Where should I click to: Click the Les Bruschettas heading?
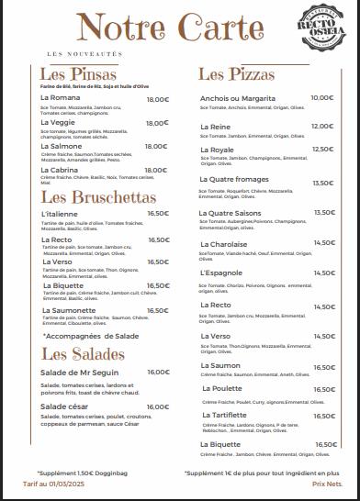click(85, 196)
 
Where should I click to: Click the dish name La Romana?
click(62, 98)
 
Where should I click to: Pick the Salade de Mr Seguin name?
click(78, 372)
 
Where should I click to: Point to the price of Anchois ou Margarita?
click(321, 97)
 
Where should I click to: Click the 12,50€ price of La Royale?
click(322, 149)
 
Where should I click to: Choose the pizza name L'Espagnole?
click(221, 273)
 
